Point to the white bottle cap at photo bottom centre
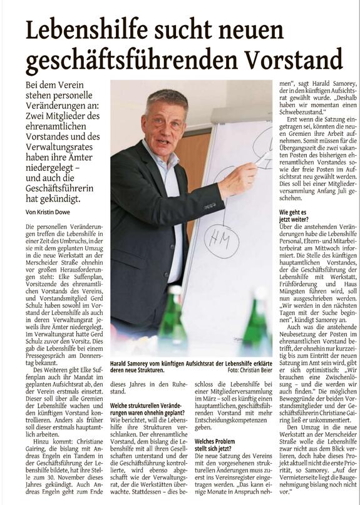click(x=174, y=290)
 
